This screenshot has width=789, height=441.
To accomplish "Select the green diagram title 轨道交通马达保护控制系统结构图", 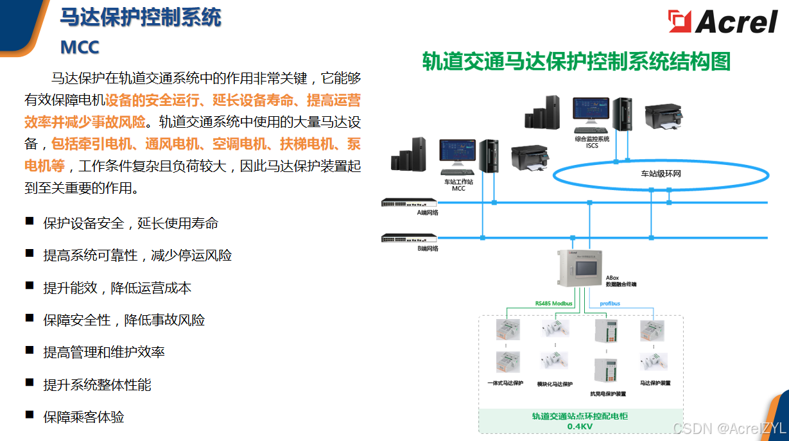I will [x=576, y=62].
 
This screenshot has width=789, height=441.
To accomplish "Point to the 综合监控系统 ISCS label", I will [x=592, y=142].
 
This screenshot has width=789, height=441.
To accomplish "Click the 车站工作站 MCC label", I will [x=458, y=185].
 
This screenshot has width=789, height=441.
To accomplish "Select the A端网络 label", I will [x=428, y=212].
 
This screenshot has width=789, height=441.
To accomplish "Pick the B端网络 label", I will [x=428, y=248].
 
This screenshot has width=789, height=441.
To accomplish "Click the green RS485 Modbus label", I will [x=553, y=303].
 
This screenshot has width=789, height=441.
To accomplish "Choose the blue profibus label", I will [x=610, y=303].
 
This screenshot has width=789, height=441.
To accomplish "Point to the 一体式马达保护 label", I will [x=505, y=383].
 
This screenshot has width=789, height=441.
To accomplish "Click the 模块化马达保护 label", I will [x=554, y=383].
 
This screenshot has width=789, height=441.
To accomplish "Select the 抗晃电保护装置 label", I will [x=607, y=393].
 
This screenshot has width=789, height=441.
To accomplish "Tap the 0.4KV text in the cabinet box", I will [x=580, y=426].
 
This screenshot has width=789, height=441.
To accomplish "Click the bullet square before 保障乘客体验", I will [x=30, y=415].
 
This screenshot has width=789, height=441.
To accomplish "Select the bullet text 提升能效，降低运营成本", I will [x=117, y=288].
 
